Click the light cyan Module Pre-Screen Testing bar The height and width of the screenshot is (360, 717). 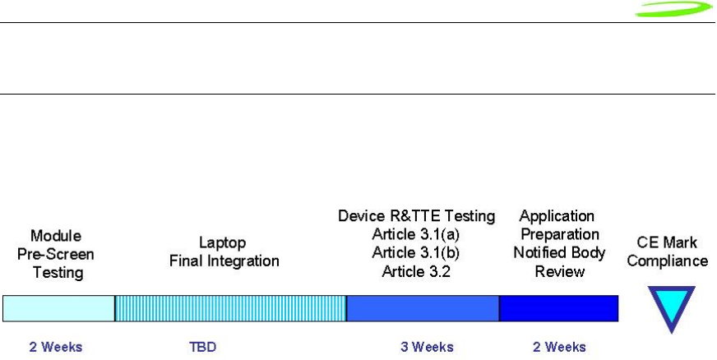click(x=59, y=308)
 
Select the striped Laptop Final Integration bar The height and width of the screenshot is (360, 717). click(x=231, y=308)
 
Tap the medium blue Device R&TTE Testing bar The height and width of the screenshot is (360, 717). click(x=423, y=308)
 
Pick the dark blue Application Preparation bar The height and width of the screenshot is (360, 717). click(x=559, y=308)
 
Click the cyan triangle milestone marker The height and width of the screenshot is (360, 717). click(x=671, y=306)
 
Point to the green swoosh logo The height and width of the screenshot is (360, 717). click(x=674, y=9)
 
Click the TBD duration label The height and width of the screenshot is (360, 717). click(x=202, y=347)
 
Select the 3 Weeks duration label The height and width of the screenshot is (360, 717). click(x=427, y=347)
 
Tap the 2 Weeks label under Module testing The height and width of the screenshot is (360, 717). click(x=56, y=347)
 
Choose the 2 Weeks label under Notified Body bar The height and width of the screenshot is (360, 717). click(x=559, y=347)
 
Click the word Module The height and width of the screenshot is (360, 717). click(x=56, y=236)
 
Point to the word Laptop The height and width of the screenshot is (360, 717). click(x=222, y=242)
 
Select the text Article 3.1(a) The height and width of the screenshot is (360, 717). click(x=416, y=234)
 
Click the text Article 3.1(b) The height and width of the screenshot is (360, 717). click(x=416, y=252)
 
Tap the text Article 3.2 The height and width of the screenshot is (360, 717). click(x=416, y=272)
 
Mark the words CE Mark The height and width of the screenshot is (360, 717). click(x=667, y=242)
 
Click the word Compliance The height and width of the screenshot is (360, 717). click(x=668, y=261)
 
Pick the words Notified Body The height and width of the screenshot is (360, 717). click(x=559, y=252)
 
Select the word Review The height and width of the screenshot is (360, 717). click(x=560, y=272)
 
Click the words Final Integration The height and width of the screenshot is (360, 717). click(x=224, y=261)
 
